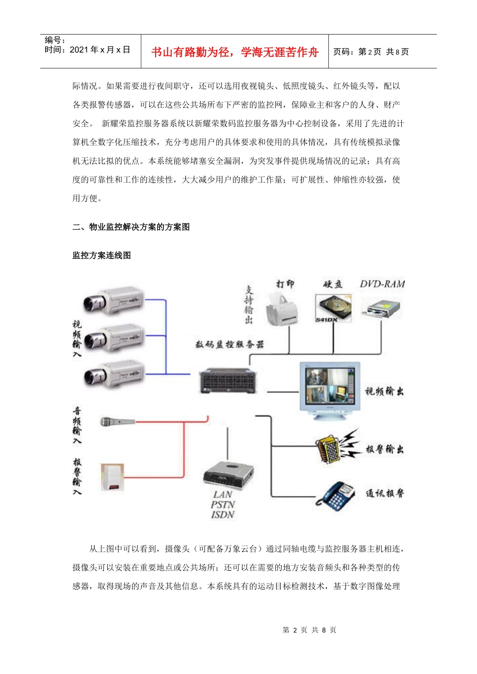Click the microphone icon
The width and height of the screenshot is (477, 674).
117,422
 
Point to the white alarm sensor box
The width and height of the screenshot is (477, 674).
112,477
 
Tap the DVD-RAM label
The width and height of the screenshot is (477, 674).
382,284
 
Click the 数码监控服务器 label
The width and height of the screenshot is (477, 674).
229,345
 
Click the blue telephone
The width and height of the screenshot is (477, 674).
336,495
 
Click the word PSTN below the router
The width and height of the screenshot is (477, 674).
223,504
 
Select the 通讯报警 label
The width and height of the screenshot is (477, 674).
385,493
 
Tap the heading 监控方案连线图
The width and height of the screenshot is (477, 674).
102,255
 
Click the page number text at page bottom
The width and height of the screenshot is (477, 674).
309,630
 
